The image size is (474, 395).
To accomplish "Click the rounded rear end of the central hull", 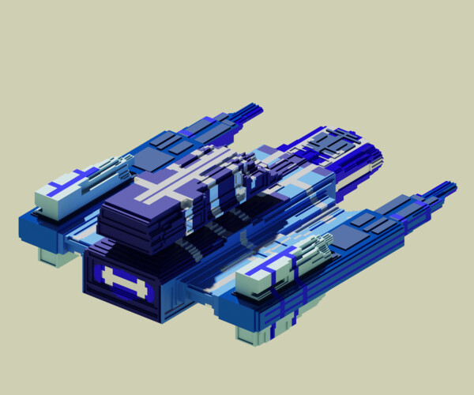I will pos(371,158).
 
